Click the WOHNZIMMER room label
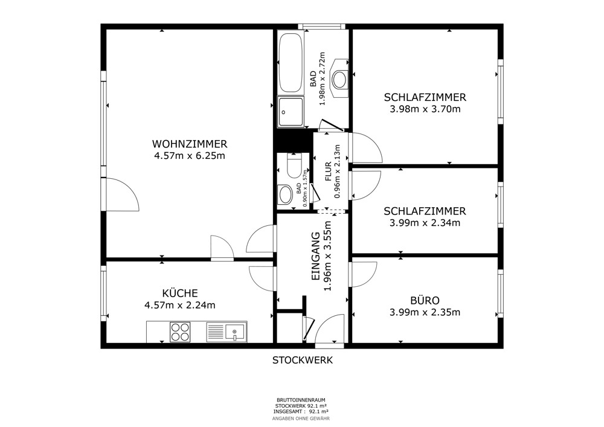tap(190, 144)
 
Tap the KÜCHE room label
tap(180, 293)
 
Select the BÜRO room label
tap(425, 300)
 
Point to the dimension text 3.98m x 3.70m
tap(425, 109)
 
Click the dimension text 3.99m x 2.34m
tap(425, 223)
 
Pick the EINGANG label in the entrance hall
tap(316, 255)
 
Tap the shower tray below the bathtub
tap(291, 112)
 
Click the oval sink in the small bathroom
tap(286, 194)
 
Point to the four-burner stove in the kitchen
tap(180, 332)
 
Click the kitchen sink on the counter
tap(226, 332)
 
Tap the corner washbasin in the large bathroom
tap(340, 79)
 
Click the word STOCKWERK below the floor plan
tap(303, 361)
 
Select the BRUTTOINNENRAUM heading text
tap(301, 400)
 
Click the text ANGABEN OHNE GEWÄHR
tap(301, 419)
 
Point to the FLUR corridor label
tap(329, 172)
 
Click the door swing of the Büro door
tap(364, 274)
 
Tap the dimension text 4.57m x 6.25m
tap(190, 156)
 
